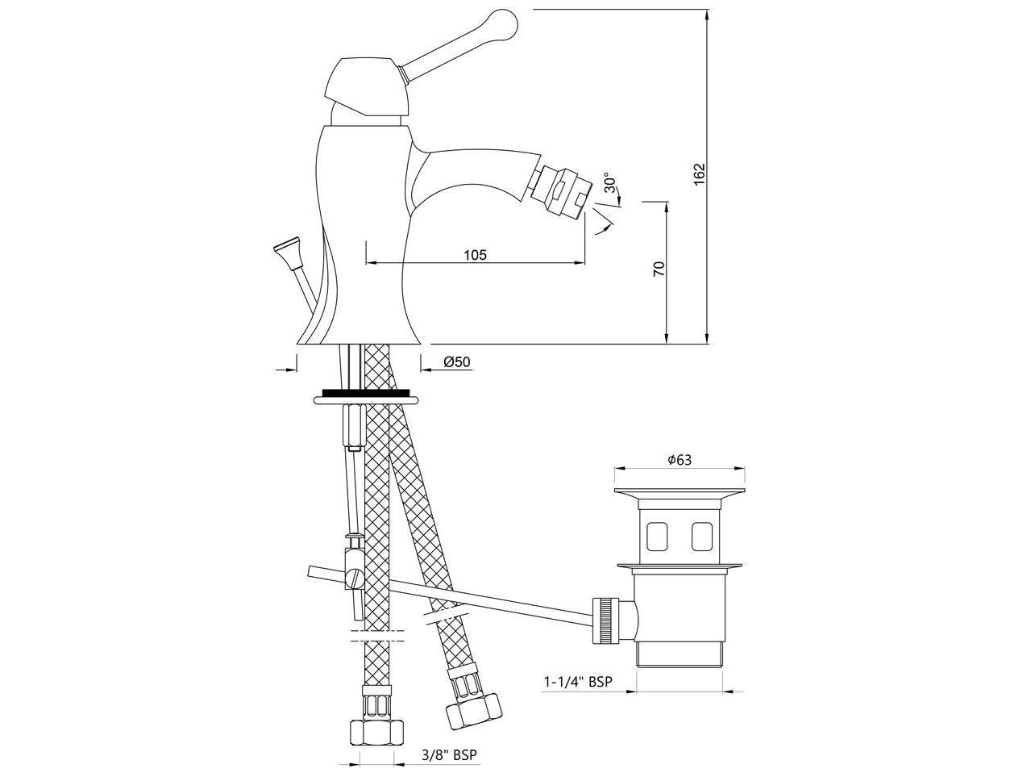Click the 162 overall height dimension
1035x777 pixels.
[699, 174]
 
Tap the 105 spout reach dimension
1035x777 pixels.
[476, 255]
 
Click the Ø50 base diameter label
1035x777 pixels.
[456, 363]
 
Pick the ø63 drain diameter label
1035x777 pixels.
[680, 460]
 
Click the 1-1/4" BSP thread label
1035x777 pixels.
[577, 682]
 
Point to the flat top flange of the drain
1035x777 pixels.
[679, 493]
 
